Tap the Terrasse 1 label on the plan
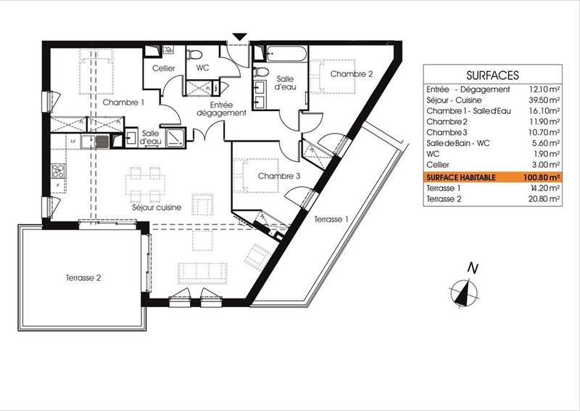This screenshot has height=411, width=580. [331, 219]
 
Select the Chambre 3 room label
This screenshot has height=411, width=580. [278, 176]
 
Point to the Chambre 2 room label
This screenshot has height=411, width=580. [352, 74]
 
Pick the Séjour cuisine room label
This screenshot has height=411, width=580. [157, 208]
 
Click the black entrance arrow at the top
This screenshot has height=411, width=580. [240, 36]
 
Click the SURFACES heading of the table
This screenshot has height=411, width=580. [492, 75]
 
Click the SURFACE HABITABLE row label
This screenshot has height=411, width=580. [462, 176]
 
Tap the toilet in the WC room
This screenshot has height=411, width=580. [195, 55]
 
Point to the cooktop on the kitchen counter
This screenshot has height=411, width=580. [58, 172]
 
